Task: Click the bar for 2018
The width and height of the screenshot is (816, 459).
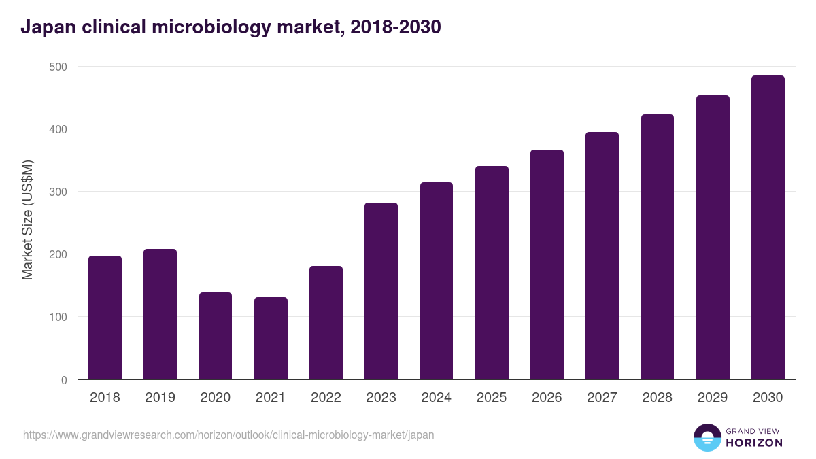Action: click(105, 318)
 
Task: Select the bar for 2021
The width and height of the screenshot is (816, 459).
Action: click(271, 338)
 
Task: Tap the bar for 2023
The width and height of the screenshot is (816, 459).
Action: click(381, 291)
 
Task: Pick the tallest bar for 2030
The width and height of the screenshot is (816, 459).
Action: click(768, 228)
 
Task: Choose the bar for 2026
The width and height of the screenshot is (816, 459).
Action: click(547, 265)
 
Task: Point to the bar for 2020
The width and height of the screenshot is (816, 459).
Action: click(216, 336)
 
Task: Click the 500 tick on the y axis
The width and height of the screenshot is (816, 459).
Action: click(58, 67)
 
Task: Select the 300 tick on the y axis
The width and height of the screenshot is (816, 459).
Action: click(58, 192)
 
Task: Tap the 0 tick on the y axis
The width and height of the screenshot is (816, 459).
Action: click(64, 380)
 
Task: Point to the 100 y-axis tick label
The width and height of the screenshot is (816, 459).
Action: click(58, 317)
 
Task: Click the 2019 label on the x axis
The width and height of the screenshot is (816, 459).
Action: click(160, 398)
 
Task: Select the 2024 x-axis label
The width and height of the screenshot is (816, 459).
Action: click(436, 398)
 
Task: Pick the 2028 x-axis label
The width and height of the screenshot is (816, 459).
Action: click(657, 398)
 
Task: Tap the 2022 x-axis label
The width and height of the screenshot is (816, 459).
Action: click(326, 398)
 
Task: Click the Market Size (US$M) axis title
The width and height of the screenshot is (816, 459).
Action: click(27, 220)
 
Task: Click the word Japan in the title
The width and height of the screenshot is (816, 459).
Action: click(47, 27)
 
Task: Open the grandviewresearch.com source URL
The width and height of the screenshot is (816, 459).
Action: click(228, 435)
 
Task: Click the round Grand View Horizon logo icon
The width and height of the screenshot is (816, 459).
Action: click(707, 437)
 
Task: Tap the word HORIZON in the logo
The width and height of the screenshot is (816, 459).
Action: click(753, 443)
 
